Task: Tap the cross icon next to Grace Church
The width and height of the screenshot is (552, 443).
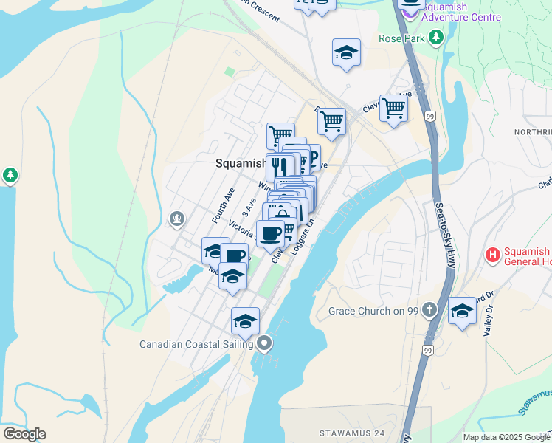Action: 432,310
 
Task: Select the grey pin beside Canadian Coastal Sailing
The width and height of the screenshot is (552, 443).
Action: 265,343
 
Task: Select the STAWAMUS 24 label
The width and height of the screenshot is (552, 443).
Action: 352,432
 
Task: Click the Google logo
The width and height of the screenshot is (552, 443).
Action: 24,433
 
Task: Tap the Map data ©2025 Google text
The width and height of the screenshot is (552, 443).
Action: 506,437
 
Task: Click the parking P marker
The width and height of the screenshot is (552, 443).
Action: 312,157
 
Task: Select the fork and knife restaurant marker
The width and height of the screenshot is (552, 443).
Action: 279,166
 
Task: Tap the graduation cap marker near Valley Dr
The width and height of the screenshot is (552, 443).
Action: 463,310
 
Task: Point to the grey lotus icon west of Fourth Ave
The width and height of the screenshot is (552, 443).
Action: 176,219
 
